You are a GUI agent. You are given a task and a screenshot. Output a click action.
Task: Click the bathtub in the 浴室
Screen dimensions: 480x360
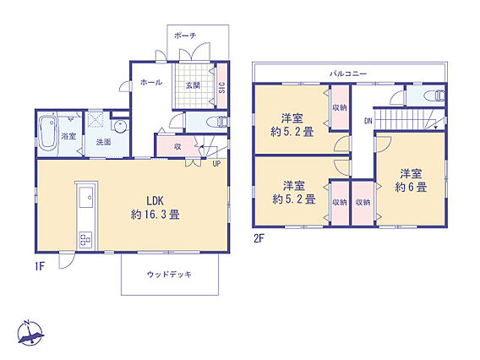[49, 134]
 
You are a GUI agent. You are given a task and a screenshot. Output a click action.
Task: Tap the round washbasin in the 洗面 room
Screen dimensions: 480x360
[119, 126]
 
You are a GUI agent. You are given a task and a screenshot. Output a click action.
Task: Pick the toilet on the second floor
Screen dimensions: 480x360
[435, 95]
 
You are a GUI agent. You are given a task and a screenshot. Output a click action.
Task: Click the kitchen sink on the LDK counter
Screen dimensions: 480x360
[86, 198]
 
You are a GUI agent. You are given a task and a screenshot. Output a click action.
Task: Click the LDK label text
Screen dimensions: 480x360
[155, 201]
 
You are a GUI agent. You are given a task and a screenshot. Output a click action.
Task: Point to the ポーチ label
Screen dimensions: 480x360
[185, 35]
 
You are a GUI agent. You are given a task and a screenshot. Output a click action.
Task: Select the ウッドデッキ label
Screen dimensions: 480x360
[169, 274]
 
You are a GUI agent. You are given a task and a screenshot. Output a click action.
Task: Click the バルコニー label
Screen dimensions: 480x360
[348, 74]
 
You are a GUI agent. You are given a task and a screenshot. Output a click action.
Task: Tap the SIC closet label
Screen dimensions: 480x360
[222, 88]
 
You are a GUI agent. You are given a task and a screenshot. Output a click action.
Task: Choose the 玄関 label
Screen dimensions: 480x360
[193, 85]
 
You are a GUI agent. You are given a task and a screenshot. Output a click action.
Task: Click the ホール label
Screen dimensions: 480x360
[151, 82]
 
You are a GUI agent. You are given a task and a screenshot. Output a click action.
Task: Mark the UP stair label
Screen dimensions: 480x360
[216, 164]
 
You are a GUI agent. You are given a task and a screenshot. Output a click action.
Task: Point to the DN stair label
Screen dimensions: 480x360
[368, 121]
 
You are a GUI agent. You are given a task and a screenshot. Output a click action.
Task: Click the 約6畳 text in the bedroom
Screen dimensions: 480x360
[411, 187]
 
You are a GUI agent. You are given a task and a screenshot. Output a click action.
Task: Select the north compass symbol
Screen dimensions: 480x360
[30, 333]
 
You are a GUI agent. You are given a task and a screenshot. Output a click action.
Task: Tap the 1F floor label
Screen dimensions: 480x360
[40, 266]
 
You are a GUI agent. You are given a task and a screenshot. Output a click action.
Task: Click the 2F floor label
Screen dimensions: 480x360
[259, 238]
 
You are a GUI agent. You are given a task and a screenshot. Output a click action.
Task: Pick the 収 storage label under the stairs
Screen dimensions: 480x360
[177, 147]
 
